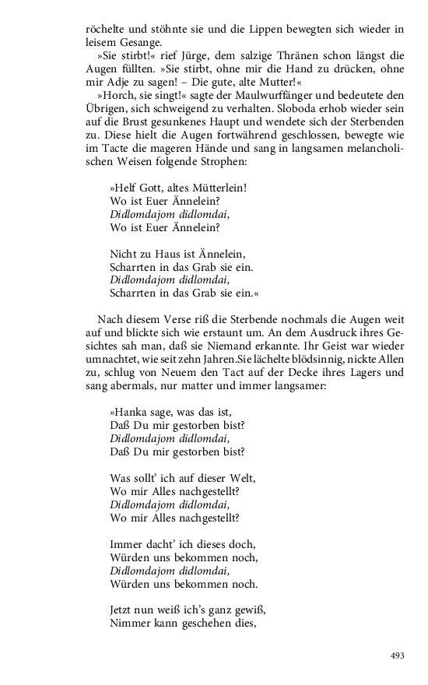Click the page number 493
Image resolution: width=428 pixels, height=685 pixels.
tap(397, 655)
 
